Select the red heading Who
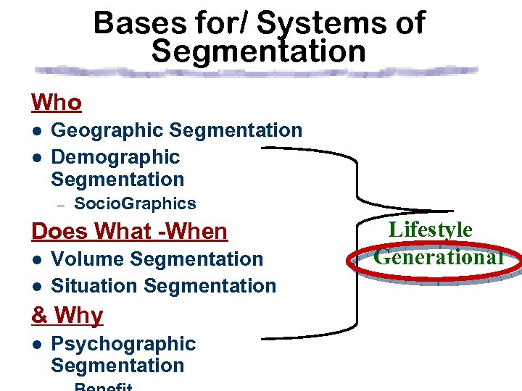tap(56, 103)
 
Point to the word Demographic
tap(115, 156)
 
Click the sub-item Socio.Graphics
tap(135, 204)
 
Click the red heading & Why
tap(67, 316)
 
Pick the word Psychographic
tap(123, 343)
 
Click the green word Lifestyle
tap(431, 230)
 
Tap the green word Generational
tap(438, 256)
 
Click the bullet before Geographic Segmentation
tap(36, 131)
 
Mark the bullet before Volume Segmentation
tap(36, 259)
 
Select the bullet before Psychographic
tap(36, 344)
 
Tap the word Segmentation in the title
tap(259, 51)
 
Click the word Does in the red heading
tap(59, 232)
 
